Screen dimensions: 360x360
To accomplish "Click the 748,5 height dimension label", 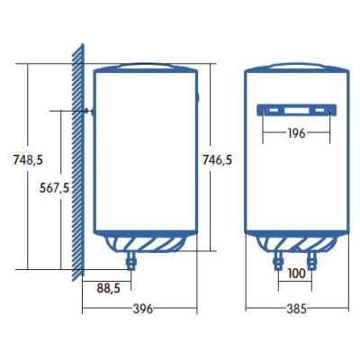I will click(15, 159).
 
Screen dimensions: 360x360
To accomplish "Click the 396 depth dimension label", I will click(140, 309).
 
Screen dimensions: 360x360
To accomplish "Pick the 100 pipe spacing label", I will click(294, 274).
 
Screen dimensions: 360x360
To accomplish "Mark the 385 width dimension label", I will click(296, 309).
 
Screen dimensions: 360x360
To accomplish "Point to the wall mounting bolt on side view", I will click(87, 111).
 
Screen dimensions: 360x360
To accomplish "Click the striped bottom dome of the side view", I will click(144, 242).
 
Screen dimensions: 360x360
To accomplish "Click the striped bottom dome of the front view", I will click(295, 242).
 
